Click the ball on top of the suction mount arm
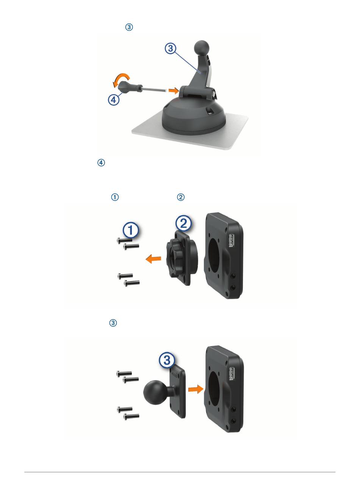coord(202,48)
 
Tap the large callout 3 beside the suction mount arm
coord(171,48)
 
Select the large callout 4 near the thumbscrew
coord(114,100)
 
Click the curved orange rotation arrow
coord(121,79)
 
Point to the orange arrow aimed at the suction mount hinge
coord(174,90)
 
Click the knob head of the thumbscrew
coord(126,89)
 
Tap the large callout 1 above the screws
coord(130,230)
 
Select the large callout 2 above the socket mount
coord(183,223)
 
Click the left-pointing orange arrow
coord(153,259)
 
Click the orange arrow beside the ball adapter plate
coord(196,389)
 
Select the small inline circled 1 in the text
coord(115,197)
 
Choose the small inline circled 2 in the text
coord(181,197)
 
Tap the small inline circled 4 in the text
coord(101,163)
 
